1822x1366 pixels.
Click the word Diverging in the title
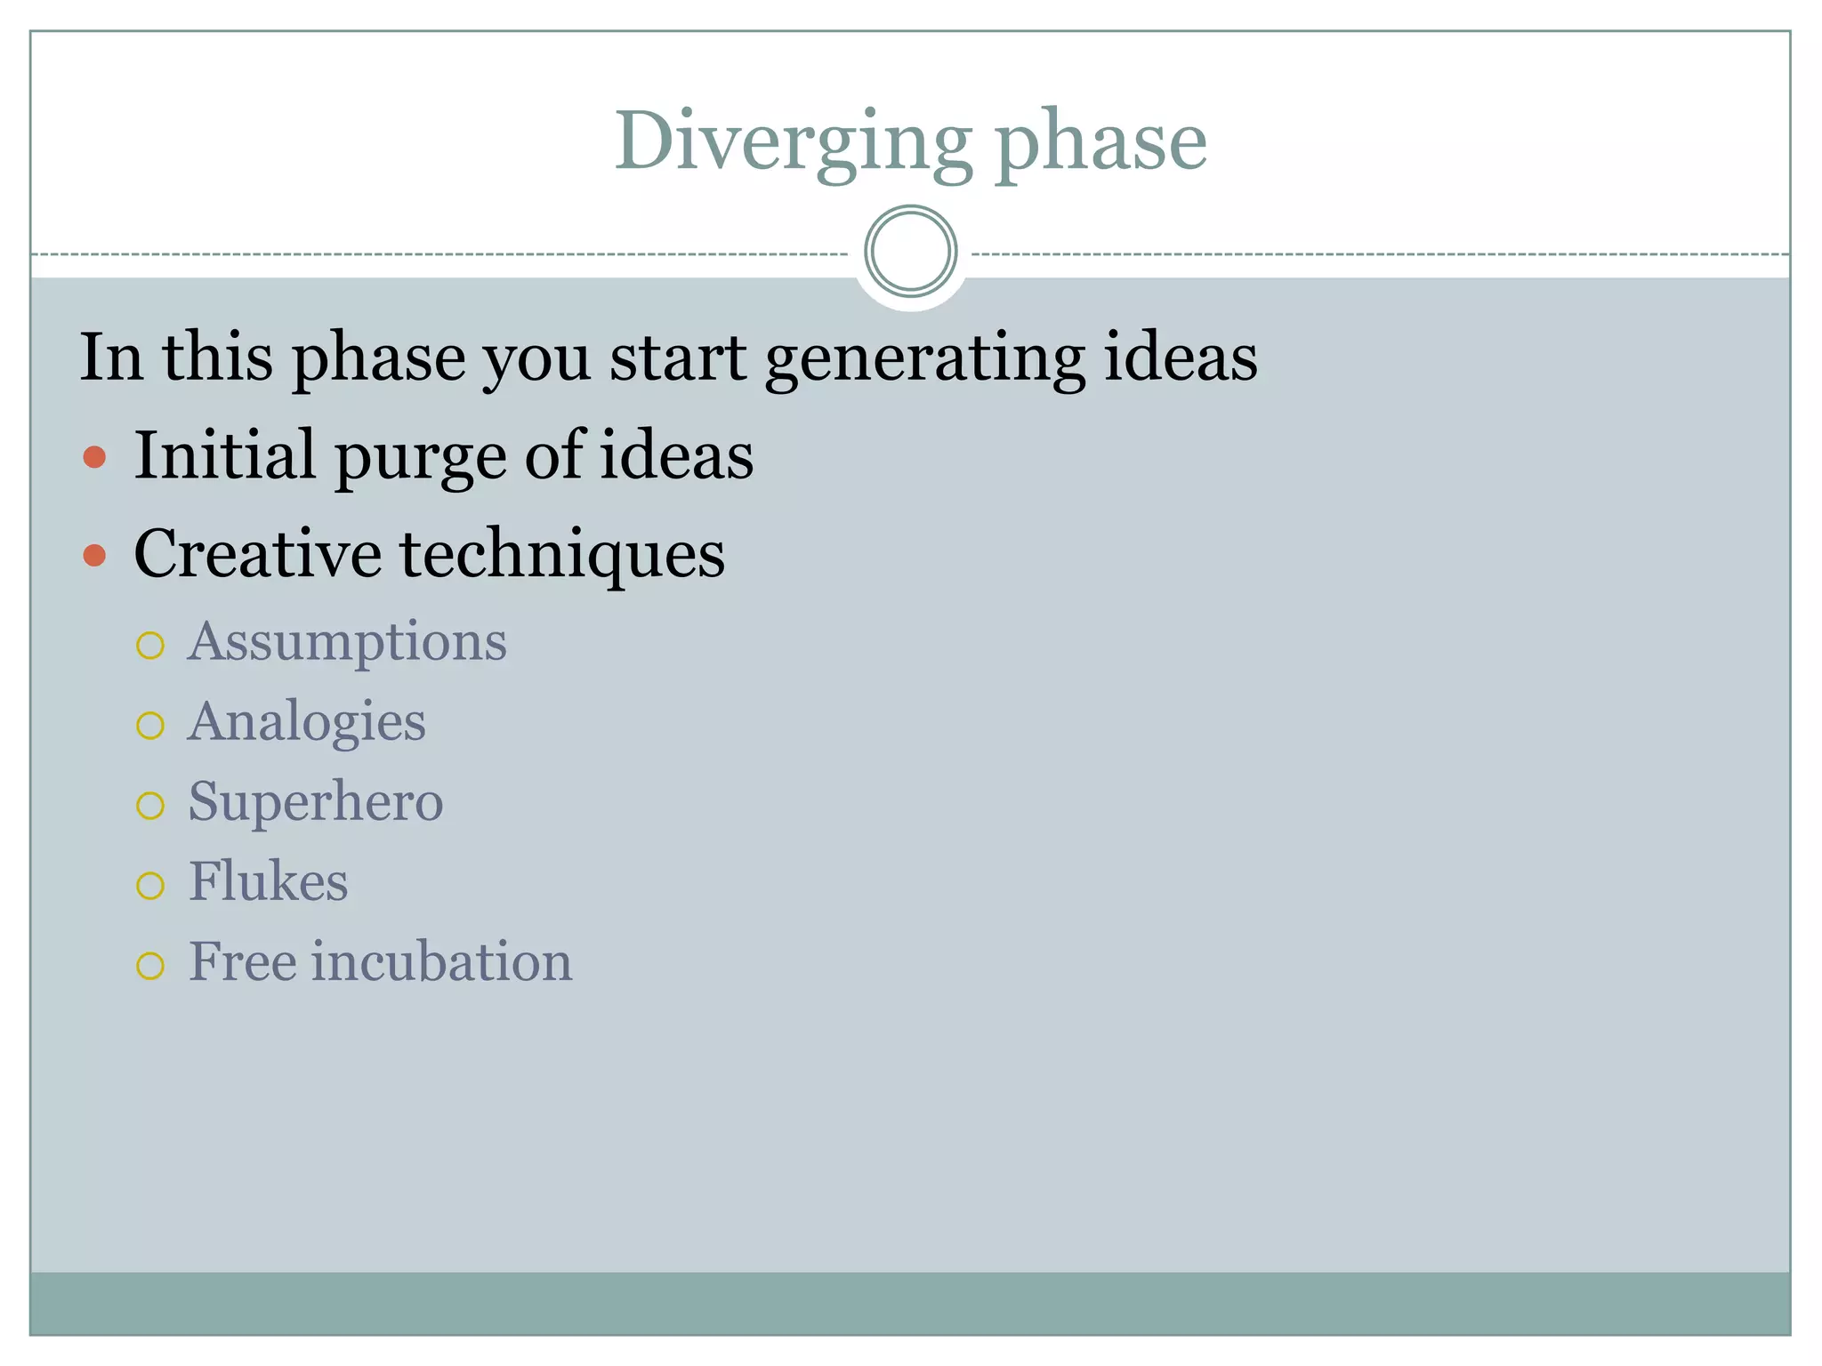(x=794, y=142)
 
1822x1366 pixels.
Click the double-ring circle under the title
(x=910, y=252)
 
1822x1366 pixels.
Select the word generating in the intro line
(x=924, y=358)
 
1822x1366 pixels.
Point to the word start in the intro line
(x=678, y=358)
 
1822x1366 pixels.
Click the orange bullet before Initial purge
(x=94, y=458)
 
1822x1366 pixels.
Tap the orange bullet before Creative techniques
(x=94, y=556)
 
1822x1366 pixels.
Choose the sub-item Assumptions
(x=347, y=642)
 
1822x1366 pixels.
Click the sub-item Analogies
(x=307, y=722)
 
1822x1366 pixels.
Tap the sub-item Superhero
(x=316, y=802)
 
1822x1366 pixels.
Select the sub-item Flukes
(x=268, y=882)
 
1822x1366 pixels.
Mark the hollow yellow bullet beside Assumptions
(x=150, y=646)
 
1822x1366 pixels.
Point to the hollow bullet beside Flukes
(x=150, y=886)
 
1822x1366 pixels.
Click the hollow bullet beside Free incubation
(x=150, y=966)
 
